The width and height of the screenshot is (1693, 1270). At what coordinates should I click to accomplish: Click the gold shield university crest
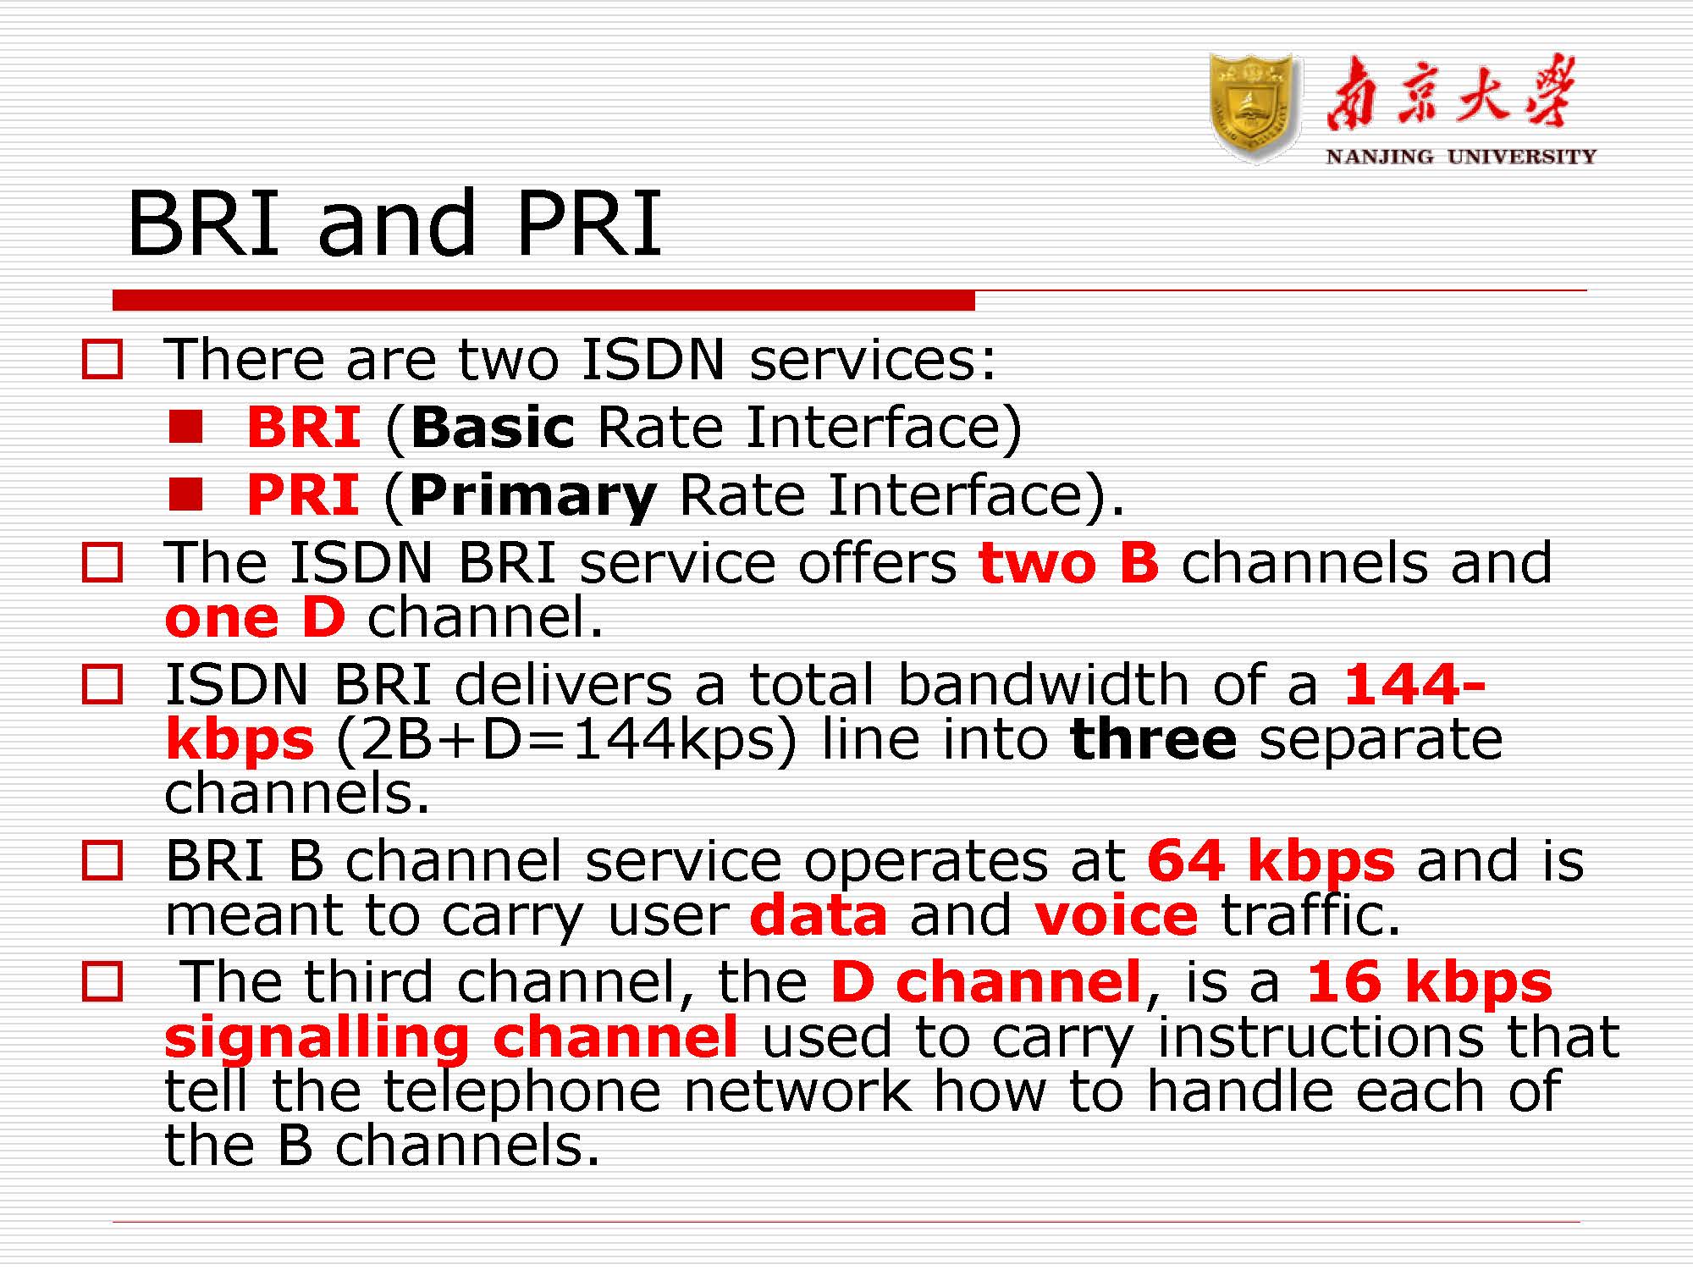[1255, 108]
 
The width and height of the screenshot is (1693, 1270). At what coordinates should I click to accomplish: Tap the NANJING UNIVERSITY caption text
[1461, 157]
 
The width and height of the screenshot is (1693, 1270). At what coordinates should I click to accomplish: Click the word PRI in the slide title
[588, 224]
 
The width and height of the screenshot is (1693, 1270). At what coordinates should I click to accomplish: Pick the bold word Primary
[532, 497]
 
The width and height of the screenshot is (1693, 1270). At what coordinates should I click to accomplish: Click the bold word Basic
[494, 427]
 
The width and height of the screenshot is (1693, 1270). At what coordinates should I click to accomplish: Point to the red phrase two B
[1068, 562]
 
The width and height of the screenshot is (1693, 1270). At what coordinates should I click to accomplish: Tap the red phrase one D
[256, 617]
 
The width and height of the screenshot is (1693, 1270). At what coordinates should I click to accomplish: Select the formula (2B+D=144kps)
[566, 739]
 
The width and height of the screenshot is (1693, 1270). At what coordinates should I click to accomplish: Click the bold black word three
[1153, 738]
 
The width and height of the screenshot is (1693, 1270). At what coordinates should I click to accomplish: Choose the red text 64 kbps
[1271, 863]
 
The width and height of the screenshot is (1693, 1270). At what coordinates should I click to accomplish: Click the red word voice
[1117, 916]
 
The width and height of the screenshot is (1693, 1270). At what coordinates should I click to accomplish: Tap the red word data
[819, 916]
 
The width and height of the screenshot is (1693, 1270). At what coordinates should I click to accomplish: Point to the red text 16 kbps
[1430, 984]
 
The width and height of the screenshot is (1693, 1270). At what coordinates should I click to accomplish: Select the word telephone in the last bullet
[522, 1095]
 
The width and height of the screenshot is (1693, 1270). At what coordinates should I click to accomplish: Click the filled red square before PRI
[185, 494]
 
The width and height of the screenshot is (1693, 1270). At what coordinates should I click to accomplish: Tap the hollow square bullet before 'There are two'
[102, 359]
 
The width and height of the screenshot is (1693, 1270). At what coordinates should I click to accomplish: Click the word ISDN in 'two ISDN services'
[653, 360]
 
